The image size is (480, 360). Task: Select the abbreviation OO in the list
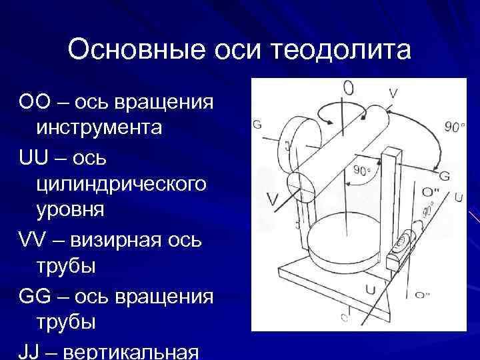coord(35,104)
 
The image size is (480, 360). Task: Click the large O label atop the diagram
coord(348,89)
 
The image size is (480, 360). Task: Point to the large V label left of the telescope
coord(271,198)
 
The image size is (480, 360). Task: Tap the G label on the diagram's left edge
coord(257,125)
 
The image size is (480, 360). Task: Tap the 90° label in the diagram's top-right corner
coord(453,126)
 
